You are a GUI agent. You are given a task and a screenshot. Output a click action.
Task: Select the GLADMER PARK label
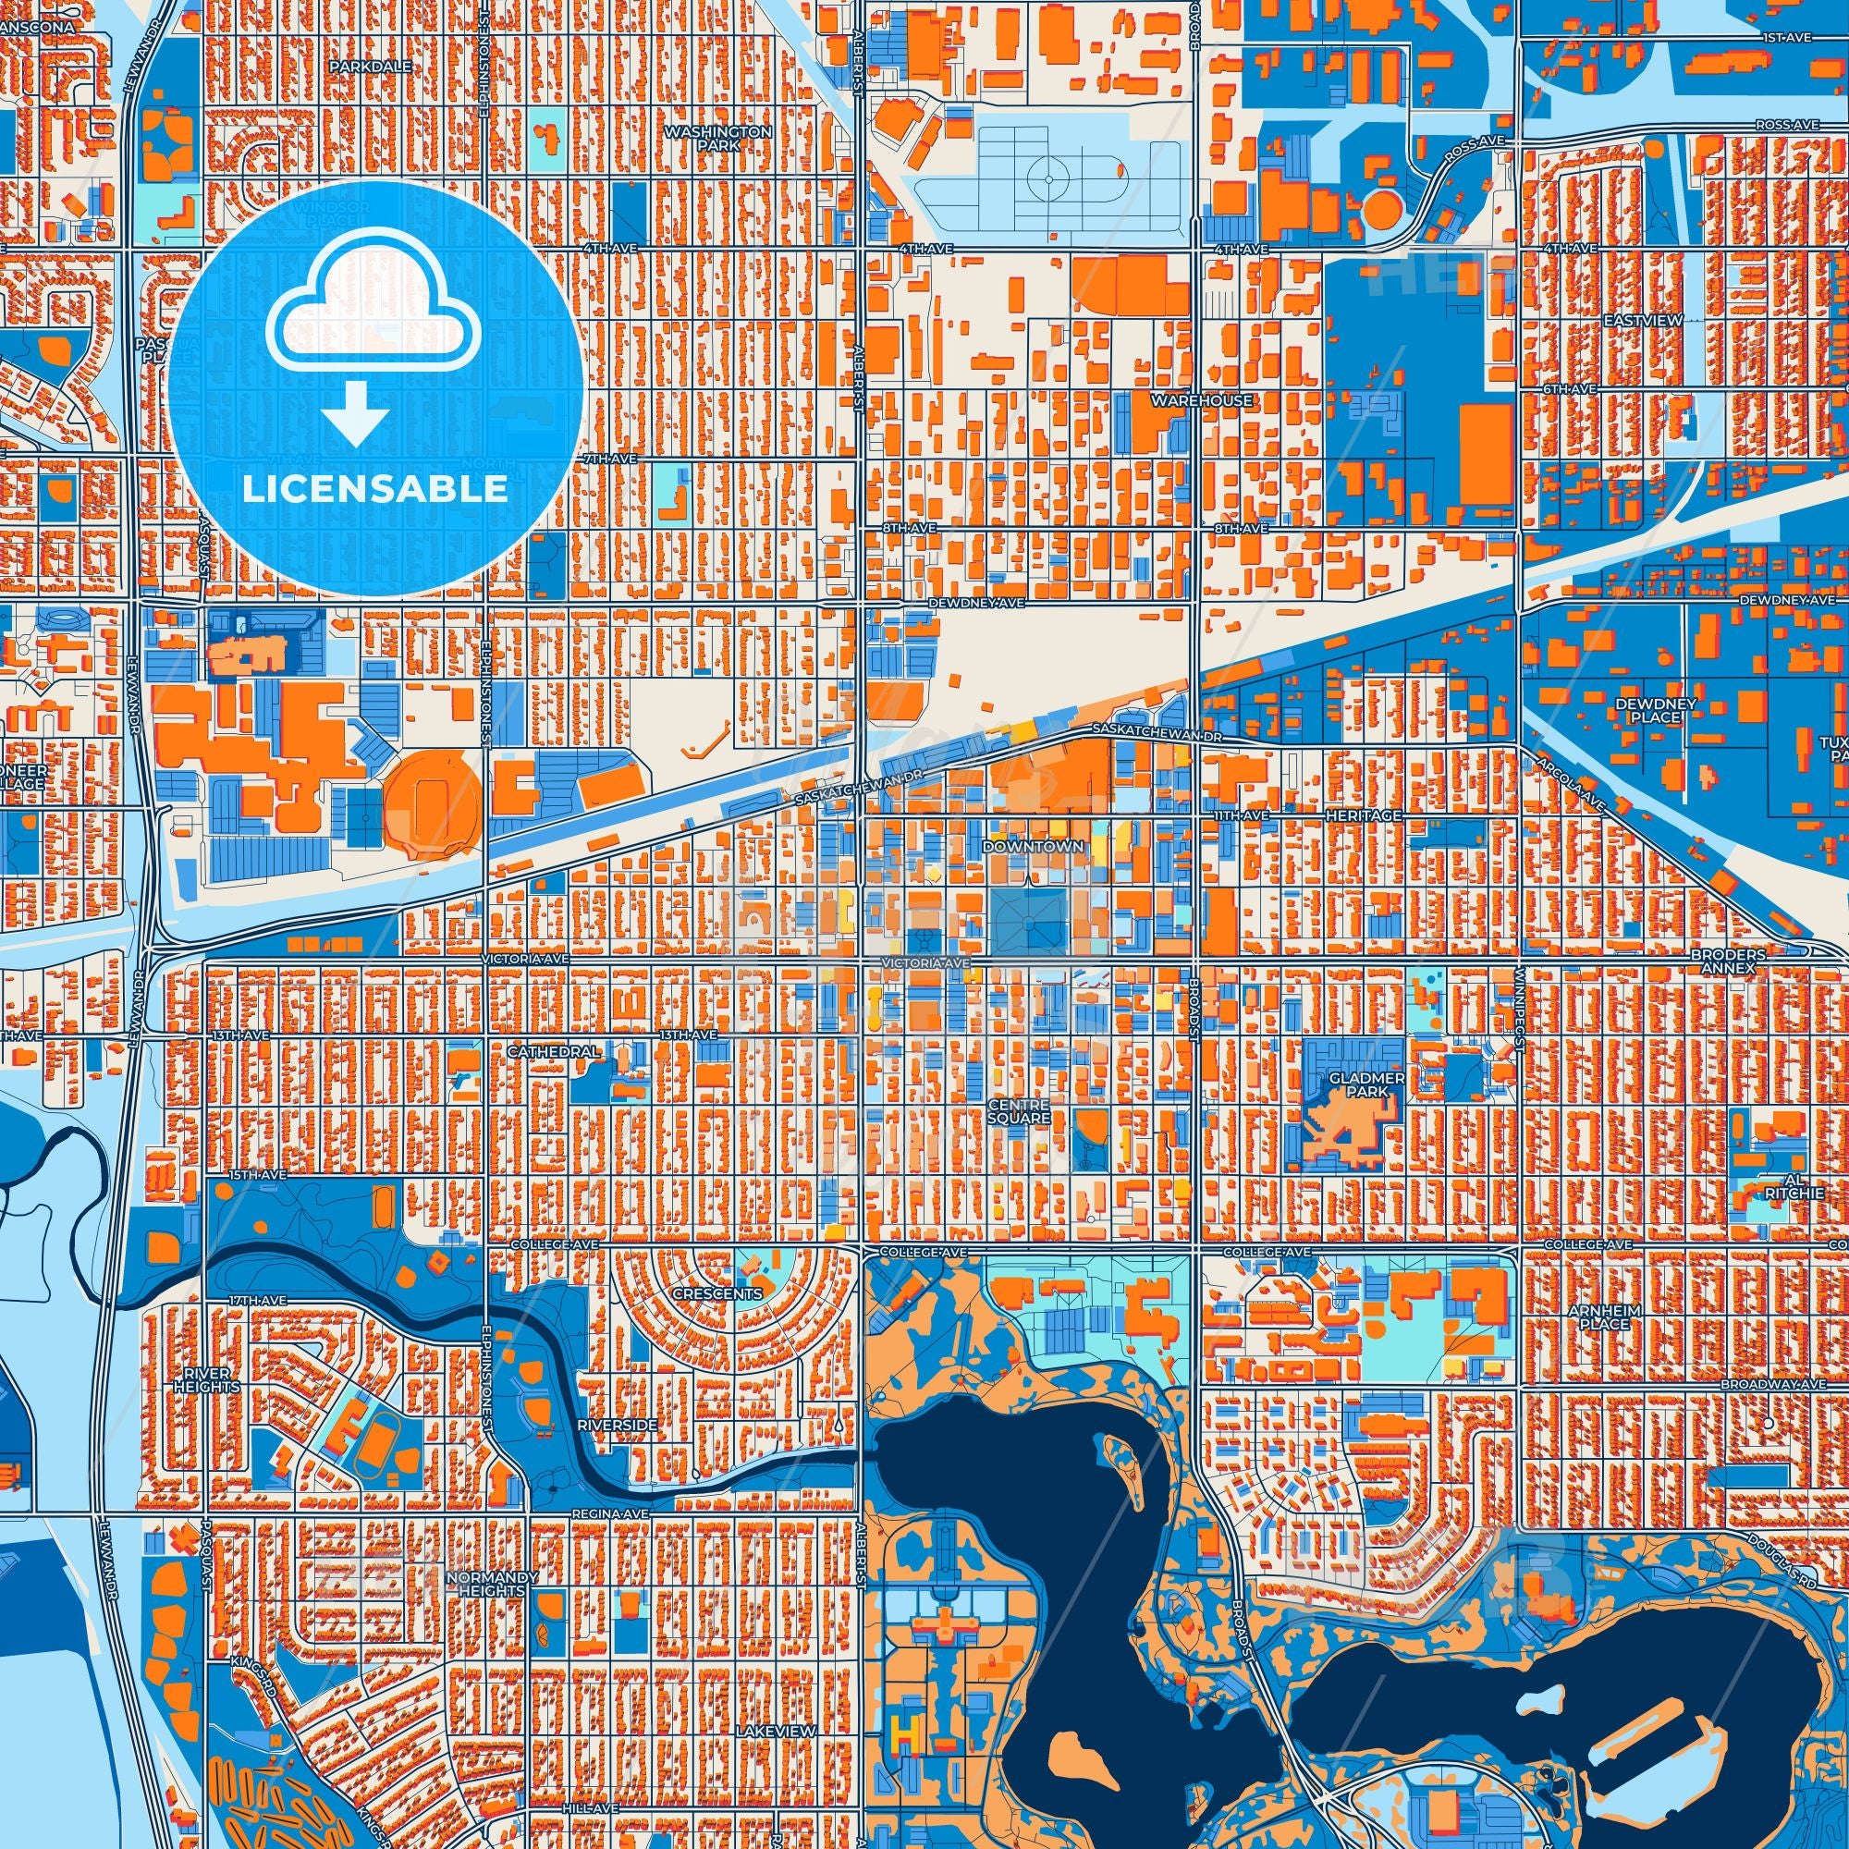pyautogui.click(x=1353, y=1084)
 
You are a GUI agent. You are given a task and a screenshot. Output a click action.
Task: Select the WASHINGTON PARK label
pyautogui.click(x=717, y=139)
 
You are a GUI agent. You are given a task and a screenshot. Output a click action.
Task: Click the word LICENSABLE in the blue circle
pyautogui.click(x=374, y=490)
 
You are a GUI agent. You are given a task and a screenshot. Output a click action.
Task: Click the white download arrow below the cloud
pyautogui.click(x=355, y=411)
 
